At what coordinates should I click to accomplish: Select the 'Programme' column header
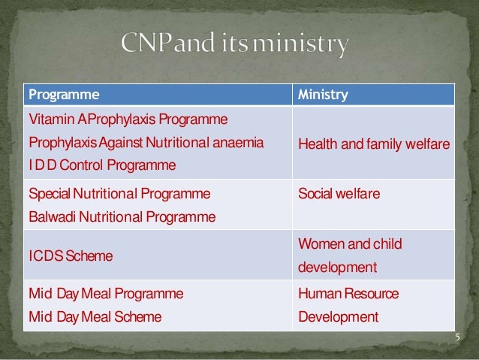coord(64,95)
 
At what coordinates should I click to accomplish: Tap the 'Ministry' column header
coord(323,95)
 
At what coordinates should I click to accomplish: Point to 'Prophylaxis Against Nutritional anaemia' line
coord(146,142)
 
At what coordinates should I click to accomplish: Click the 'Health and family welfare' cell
coord(373,143)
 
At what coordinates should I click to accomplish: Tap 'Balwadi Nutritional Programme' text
coord(122,217)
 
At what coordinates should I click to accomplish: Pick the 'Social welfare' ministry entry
coord(339,194)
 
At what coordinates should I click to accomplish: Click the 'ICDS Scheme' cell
coord(71,256)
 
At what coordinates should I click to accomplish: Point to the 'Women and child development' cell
coord(350,256)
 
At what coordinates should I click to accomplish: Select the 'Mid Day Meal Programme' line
coord(106,293)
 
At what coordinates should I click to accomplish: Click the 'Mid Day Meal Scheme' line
coord(95,316)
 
